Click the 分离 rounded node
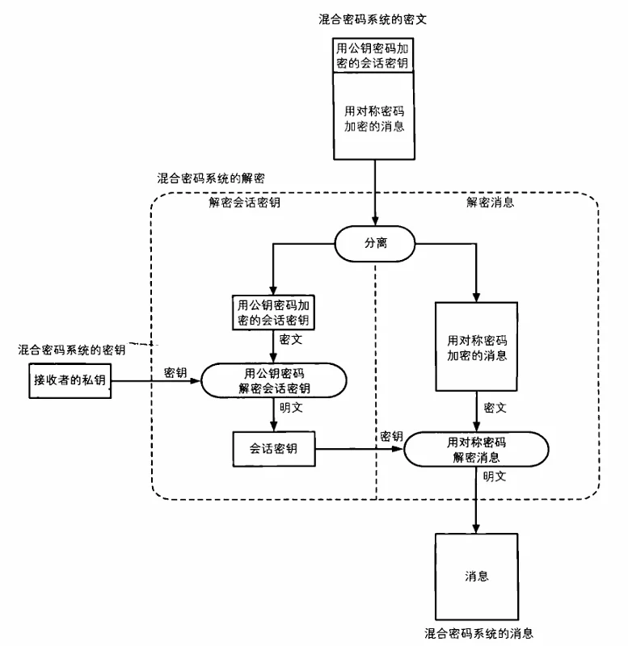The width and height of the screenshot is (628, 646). click(x=376, y=243)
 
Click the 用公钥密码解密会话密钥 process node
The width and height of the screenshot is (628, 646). click(x=274, y=379)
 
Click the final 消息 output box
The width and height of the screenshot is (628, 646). click(x=475, y=577)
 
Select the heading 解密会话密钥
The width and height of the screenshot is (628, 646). click(x=244, y=203)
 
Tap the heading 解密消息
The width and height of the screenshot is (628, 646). click(x=490, y=203)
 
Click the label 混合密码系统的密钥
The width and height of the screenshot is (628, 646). click(x=72, y=350)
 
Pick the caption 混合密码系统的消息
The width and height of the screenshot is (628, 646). click(x=479, y=632)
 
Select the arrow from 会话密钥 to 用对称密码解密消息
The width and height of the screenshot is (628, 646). click(x=359, y=449)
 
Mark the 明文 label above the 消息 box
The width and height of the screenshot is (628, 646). click(x=494, y=476)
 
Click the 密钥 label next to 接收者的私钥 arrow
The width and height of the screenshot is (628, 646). click(x=175, y=371)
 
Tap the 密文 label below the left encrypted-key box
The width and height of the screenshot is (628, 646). click(x=290, y=341)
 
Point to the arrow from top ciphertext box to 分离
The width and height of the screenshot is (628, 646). click(x=376, y=194)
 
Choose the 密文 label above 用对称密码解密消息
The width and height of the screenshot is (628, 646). click(x=495, y=409)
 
